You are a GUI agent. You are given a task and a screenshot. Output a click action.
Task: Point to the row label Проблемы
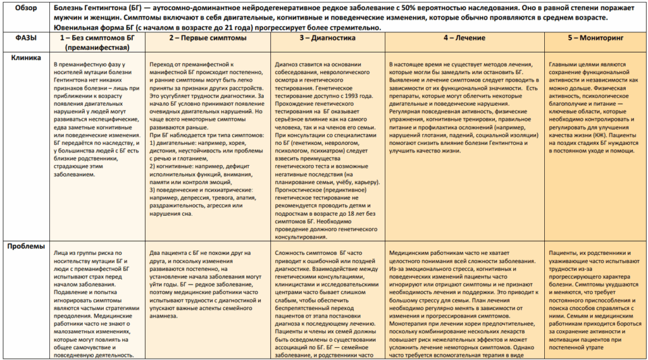[26, 247]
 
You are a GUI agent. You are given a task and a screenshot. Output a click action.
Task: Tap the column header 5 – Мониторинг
[595, 38]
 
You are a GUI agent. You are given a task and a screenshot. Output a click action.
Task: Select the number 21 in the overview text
[240, 28]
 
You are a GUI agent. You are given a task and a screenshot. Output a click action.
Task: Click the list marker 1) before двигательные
[153, 144]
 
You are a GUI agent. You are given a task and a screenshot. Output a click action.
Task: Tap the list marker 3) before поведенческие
[153, 189]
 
